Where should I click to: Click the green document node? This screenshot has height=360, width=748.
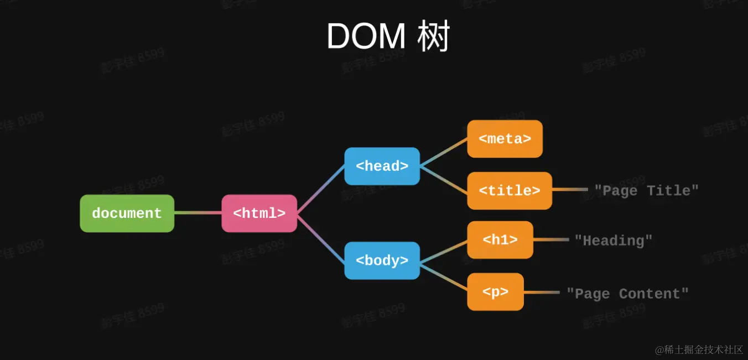pos(127,213)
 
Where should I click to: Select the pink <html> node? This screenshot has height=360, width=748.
pos(259,213)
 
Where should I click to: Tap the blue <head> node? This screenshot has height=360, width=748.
pos(382,166)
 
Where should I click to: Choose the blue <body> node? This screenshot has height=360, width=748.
pos(382,260)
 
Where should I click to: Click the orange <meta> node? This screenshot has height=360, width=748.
pos(505,139)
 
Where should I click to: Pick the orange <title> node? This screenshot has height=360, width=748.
pos(510,191)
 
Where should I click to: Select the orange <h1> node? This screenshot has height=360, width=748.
pos(500,240)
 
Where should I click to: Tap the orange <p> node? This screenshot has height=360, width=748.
pos(495,292)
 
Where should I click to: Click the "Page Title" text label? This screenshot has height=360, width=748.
pos(646,191)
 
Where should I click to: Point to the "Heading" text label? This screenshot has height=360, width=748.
pos(613,241)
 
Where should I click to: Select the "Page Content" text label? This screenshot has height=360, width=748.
pos(627,294)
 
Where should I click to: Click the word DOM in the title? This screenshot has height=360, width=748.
pos(366,37)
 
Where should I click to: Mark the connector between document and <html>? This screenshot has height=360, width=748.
pos(198,213)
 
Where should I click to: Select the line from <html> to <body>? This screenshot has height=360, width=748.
pos(321,237)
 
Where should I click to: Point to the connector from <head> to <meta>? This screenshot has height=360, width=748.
pos(444,152)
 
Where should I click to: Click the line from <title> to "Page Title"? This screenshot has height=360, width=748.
pos(570,190)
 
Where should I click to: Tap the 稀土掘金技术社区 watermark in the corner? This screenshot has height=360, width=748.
pos(699,349)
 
